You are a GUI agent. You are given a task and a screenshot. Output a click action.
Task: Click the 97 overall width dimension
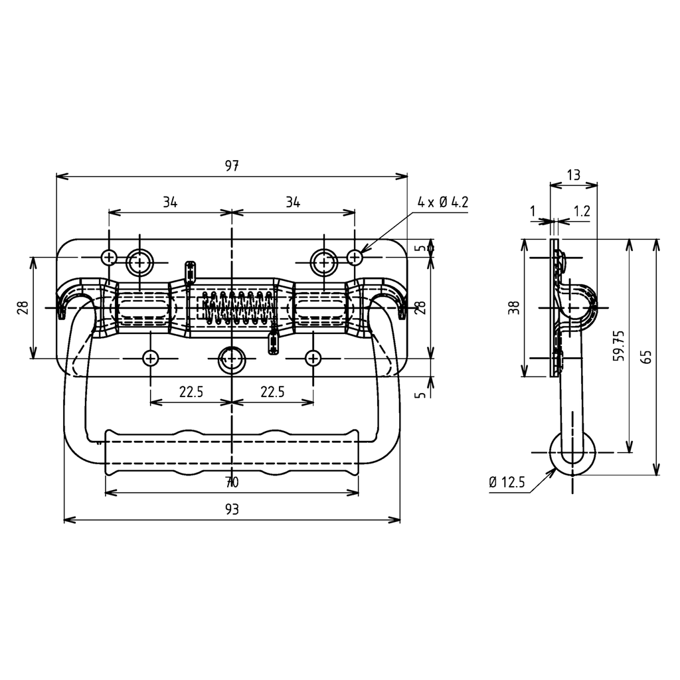(231, 167)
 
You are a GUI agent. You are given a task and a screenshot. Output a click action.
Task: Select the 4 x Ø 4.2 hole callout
(442, 203)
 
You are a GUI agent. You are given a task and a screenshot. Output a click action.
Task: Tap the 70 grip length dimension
(231, 482)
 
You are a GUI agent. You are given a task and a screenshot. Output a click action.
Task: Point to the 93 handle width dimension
(231, 509)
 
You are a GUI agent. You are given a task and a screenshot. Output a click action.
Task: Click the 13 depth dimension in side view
(574, 175)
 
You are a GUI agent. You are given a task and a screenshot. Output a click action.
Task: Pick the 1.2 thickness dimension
(582, 211)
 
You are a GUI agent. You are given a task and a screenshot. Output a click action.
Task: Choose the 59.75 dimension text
(619, 345)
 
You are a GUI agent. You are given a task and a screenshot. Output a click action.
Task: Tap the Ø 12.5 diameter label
(507, 483)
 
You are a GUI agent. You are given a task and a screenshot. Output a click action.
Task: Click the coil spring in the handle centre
(236, 307)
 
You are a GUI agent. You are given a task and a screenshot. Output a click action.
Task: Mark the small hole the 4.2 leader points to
(355, 256)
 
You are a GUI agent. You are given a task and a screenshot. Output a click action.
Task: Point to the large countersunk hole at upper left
(139, 262)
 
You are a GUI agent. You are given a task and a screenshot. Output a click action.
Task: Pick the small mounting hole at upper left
(109, 256)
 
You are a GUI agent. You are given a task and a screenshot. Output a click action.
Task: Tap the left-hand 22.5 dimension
(191, 392)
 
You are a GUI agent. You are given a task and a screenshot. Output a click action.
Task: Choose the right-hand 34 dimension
(293, 203)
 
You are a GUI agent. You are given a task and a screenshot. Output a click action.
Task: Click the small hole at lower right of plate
(313, 359)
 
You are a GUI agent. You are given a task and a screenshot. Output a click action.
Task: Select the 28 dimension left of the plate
(23, 307)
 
